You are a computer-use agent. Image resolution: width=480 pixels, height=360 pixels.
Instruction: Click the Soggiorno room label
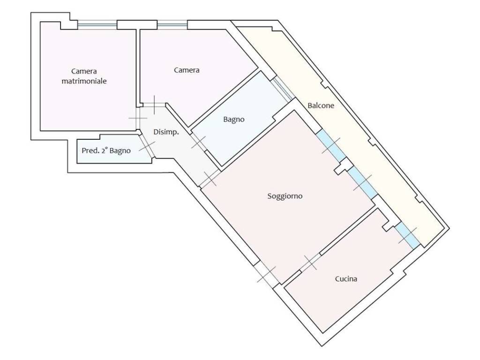tap(285, 196)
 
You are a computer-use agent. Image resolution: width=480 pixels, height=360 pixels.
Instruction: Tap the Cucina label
tap(346, 279)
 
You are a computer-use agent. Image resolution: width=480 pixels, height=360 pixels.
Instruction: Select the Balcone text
tap(321, 105)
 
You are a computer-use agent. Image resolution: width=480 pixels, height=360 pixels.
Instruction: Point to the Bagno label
tap(233, 120)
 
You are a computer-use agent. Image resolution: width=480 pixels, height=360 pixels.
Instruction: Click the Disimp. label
tap(166, 132)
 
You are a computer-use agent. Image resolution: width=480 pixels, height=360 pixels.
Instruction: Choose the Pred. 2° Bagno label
tap(106, 150)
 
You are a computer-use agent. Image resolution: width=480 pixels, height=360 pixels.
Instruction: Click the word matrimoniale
tap(84, 81)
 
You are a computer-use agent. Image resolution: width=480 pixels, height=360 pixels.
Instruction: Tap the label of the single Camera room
tap(187, 70)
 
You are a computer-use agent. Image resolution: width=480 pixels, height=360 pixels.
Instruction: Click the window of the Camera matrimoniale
tap(97, 25)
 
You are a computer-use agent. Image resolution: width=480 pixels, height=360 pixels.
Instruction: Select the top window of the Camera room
tap(172, 25)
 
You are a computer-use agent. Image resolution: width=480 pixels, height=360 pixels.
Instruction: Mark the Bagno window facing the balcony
tap(283, 89)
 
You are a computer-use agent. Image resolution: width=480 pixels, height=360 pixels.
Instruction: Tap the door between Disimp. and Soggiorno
tap(210, 179)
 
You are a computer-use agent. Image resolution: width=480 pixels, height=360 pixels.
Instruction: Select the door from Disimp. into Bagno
tap(199, 142)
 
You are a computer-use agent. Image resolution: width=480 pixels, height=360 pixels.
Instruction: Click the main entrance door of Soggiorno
tap(266, 274)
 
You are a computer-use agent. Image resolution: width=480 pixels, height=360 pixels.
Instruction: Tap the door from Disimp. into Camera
tap(154, 105)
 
